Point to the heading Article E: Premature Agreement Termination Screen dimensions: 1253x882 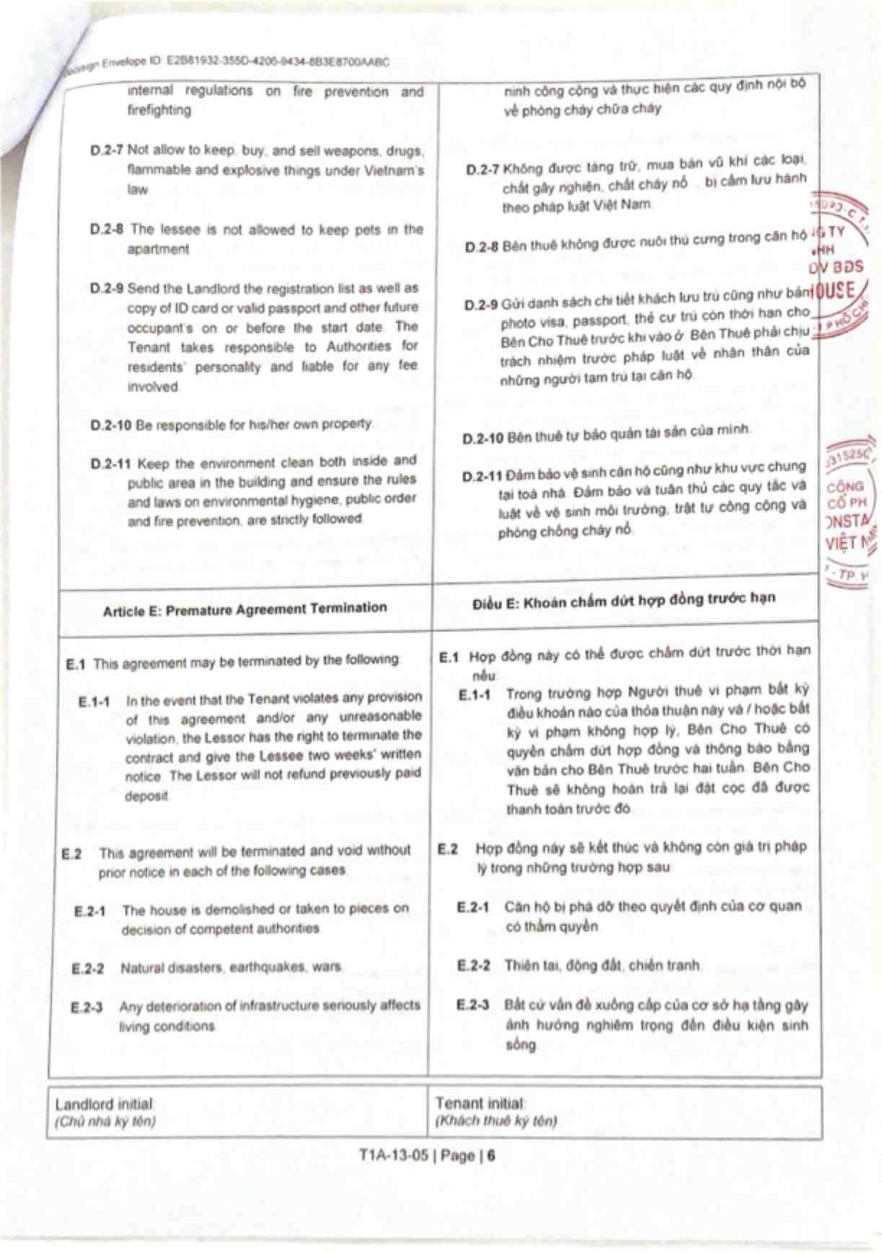(x=245, y=609)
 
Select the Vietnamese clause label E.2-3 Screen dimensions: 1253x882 (x=473, y=1005)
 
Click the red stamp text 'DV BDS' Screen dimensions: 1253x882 (x=836, y=267)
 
